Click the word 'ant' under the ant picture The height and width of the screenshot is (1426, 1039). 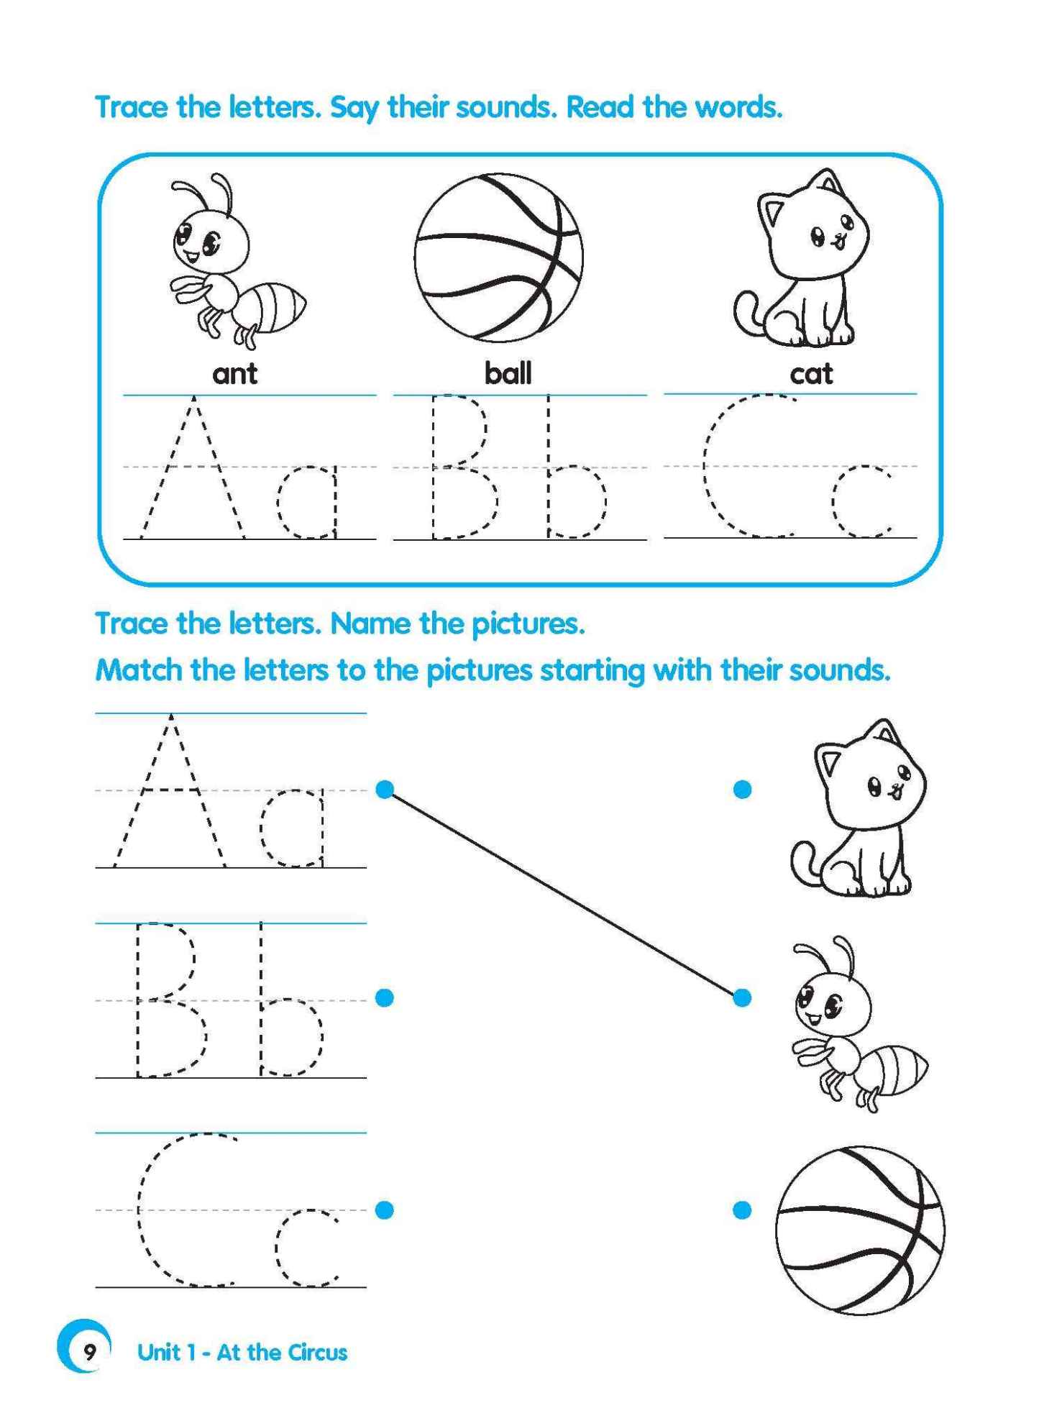(x=234, y=374)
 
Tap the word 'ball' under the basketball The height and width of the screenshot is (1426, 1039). (x=508, y=374)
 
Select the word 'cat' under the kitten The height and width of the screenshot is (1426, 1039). (x=811, y=374)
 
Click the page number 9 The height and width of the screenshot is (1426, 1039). (x=89, y=1352)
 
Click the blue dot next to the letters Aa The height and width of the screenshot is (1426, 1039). (x=385, y=790)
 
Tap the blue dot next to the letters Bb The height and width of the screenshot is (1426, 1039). (x=385, y=997)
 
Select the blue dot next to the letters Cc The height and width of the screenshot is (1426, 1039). (x=385, y=1210)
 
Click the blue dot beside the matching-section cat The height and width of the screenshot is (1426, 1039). (x=742, y=790)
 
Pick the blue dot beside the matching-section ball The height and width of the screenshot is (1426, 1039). (x=742, y=1210)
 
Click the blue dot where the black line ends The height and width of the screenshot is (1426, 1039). (x=742, y=997)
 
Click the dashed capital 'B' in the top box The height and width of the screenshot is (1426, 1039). (x=460, y=467)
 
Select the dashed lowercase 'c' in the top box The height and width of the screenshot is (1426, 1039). (x=861, y=502)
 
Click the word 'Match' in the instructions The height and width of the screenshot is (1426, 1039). (x=138, y=670)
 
